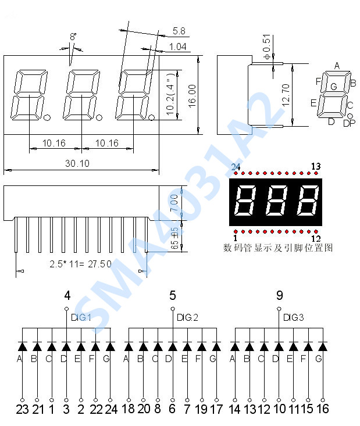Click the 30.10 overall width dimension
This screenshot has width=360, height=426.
(77, 164)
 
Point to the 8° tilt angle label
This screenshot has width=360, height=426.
(73, 37)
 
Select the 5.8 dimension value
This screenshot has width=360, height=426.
(179, 31)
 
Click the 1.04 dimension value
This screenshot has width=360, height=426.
(178, 46)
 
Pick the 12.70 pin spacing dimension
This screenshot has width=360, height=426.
(286, 95)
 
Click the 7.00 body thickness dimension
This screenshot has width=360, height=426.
(174, 203)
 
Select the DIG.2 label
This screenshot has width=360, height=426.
(188, 317)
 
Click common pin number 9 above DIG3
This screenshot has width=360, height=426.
(280, 295)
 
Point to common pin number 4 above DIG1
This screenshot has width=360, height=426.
(67, 295)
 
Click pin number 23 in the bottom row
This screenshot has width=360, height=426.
(22, 409)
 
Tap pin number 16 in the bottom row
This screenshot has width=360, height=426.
(323, 409)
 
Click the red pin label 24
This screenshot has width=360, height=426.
(236, 167)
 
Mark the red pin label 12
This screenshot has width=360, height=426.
(316, 238)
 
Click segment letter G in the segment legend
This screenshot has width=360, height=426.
(333, 87)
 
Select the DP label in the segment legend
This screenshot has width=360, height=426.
(349, 123)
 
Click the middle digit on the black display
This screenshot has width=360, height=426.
(276, 201)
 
